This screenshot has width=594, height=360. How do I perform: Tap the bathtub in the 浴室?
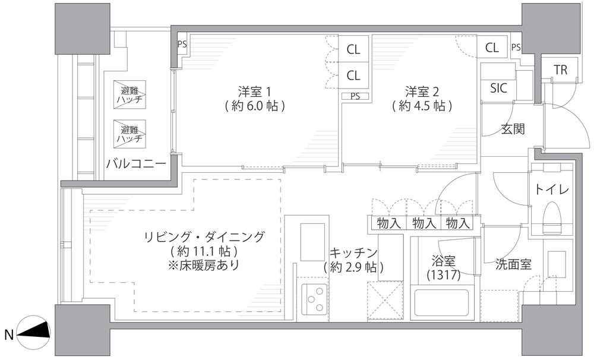click(x=441, y=302)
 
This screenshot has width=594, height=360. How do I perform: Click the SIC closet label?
click(x=498, y=89)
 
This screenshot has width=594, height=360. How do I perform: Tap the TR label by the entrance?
click(x=561, y=70)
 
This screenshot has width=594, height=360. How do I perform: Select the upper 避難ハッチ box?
click(x=129, y=95)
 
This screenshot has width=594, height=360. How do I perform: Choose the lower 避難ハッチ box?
click(x=129, y=134)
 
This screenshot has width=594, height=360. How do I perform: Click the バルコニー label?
click(x=136, y=164)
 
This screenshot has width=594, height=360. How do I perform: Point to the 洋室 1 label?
click(x=254, y=91)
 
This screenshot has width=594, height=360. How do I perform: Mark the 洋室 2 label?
click(x=422, y=91)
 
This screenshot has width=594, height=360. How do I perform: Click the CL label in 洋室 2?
click(x=492, y=48)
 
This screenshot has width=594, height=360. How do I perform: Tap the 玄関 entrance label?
click(x=513, y=130)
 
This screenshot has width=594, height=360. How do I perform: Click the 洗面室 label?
click(x=513, y=264)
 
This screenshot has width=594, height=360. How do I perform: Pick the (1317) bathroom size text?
click(x=443, y=275)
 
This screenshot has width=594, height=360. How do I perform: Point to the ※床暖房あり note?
click(x=204, y=265)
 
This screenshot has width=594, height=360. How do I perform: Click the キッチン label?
click(x=353, y=252)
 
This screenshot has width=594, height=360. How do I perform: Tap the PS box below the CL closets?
click(x=355, y=96)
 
